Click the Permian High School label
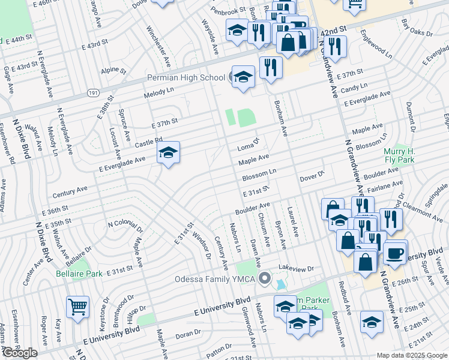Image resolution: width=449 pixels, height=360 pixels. point(187,78)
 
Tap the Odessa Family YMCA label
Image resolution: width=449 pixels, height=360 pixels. point(214,279)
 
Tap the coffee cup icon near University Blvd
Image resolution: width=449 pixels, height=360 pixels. point(395,252)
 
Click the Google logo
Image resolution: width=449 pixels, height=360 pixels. point(19,353)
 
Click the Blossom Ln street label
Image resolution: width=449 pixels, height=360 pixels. point(259,175)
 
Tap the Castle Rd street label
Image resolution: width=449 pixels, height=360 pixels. point(149,143)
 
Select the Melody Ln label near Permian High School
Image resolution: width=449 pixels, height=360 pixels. point(158,93)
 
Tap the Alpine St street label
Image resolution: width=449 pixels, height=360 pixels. point(113,71)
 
